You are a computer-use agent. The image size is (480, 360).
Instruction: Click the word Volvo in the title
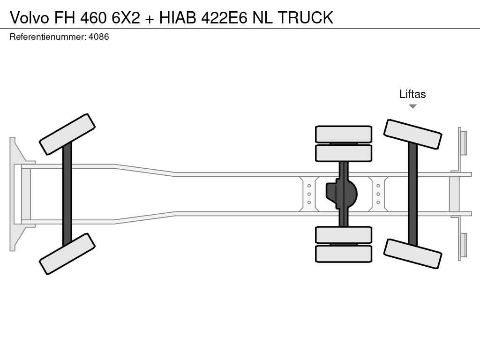tap(30, 17)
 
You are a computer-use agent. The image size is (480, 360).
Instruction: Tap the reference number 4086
tap(98, 37)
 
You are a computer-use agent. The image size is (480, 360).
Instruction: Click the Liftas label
tap(412, 94)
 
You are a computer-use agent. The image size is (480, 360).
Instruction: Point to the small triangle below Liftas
tap(412, 106)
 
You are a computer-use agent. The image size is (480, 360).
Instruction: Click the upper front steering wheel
tap(67, 135)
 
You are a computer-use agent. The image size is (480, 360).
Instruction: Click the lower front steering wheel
tap(67, 254)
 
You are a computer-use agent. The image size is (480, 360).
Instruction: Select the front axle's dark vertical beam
tap(67, 194)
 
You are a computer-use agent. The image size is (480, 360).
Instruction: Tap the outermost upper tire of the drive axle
tap(344, 134)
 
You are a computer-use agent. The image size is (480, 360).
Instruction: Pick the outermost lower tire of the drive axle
tap(344, 254)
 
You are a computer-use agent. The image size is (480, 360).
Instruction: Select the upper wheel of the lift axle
tap(412, 135)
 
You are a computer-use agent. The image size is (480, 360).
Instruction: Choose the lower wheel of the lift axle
tap(412, 254)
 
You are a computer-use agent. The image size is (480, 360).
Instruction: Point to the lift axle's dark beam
tap(412, 194)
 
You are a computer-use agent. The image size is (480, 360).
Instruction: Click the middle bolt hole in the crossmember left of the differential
tap(309, 194)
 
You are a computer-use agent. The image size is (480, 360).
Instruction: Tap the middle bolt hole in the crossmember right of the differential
tap(378, 194)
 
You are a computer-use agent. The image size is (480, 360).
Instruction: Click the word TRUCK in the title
tap(306, 17)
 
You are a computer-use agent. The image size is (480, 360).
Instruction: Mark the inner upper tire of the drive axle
tap(344, 153)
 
